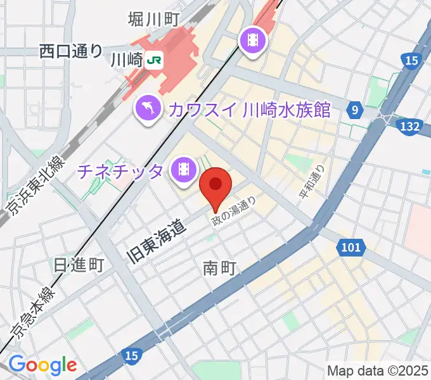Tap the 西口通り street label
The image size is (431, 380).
tap(70, 51)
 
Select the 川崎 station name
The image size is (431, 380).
tap(125, 61)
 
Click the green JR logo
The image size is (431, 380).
tap(154, 61)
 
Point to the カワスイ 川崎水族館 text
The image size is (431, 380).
tap(249, 110)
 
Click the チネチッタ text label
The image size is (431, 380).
tap(122, 170)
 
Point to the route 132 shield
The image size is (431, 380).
tap(410, 127)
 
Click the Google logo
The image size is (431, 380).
tap(42, 365)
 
